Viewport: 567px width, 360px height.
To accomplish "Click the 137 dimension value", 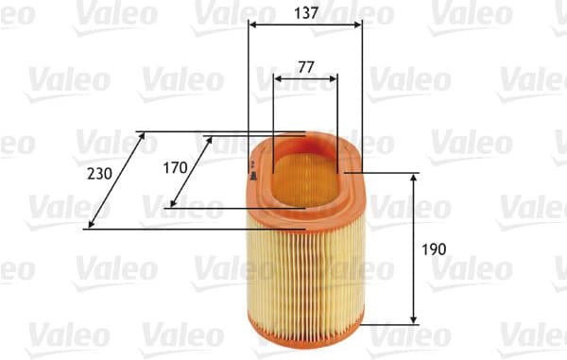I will (x=304, y=13).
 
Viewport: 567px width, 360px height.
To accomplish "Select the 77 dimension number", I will (x=304, y=67).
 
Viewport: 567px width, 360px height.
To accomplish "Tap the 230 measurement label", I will (x=98, y=173).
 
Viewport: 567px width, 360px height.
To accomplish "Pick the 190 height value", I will (x=434, y=249).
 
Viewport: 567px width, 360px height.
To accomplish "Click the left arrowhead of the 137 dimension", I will (x=252, y=26).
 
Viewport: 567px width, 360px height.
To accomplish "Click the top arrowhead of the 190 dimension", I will (x=414, y=178).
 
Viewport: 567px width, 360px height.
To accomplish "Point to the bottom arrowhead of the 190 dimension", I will (x=414, y=319).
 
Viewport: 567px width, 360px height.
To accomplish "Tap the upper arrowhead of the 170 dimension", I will (x=210, y=140).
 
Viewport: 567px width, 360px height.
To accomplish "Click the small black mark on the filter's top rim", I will (x=252, y=170).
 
